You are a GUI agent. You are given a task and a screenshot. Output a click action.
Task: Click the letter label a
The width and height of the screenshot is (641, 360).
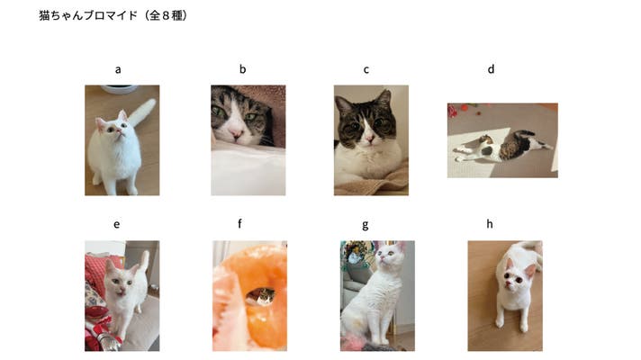(118, 70)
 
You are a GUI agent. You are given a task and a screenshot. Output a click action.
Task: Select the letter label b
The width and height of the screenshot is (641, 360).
(242, 69)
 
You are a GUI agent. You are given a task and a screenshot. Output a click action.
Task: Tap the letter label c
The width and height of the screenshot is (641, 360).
(366, 70)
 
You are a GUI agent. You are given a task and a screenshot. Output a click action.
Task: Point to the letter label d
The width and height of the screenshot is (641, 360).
(491, 69)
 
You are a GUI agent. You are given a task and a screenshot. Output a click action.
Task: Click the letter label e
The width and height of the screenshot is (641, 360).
(116, 225)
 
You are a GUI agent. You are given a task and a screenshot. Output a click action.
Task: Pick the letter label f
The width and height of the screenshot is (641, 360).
(239, 223)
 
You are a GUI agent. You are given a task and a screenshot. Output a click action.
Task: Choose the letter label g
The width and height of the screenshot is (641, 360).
(365, 226)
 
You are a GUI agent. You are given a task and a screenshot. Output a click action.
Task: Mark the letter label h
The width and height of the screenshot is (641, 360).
(490, 223)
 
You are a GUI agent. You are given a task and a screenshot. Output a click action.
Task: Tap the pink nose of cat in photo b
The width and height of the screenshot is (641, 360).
(236, 133)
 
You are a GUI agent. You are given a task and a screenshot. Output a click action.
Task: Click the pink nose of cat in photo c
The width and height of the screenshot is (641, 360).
(369, 139)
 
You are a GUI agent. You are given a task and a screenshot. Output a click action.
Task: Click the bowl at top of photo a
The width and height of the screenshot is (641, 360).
(119, 89)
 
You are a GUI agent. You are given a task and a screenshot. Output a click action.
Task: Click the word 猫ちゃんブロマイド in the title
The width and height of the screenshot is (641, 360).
(88, 15)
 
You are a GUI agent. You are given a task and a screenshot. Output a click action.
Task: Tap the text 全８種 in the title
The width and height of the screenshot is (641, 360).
(166, 15)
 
